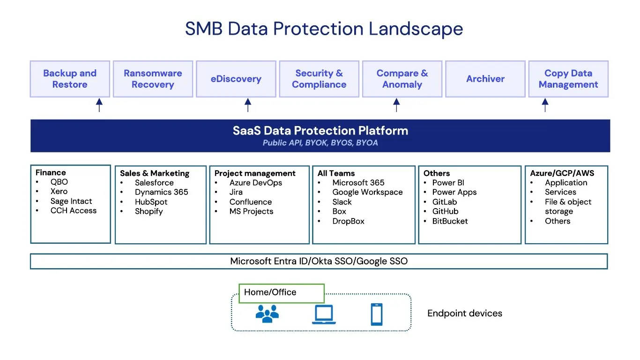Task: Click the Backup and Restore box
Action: tap(70, 79)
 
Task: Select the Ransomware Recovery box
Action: tap(153, 79)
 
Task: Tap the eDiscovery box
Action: tap(236, 79)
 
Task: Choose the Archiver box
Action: tap(485, 79)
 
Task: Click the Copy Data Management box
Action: tap(568, 79)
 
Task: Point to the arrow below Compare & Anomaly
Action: tap(396, 105)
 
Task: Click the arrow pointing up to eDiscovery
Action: tap(248, 105)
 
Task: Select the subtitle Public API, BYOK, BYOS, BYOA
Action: tap(320, 143)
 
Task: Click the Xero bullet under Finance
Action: tap(59, 191)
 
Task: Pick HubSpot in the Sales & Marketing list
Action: tap(151, 202)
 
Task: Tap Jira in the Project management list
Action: tap(236, 192)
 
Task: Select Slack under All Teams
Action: tap(342, 202)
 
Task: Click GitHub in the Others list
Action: tap(445, 211)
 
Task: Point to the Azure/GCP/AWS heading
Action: tap(562, 173)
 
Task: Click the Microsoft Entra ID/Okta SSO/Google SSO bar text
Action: tap(319, 261)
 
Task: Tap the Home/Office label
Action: tap(270, 292)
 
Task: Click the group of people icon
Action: tap(267, 314)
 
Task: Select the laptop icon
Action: tap(324, 314)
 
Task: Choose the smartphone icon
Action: tap(377, 314)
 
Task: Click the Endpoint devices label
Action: tap(465, 314)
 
